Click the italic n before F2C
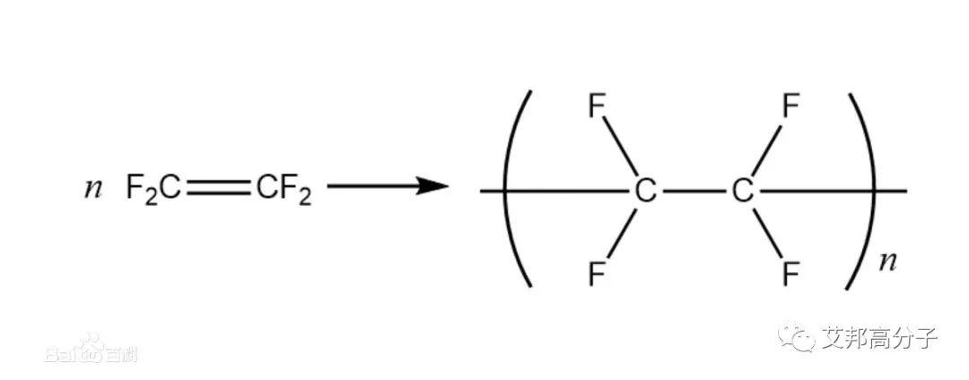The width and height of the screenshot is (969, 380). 92,190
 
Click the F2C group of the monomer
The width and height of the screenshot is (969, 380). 153,189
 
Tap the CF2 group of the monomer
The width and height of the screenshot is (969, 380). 284,189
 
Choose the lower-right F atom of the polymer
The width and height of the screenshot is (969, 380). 790,272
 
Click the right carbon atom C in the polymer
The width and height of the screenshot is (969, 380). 741,190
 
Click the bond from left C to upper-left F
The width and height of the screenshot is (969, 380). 621,148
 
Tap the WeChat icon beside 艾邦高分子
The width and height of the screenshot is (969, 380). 794,339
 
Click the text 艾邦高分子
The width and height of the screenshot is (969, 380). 879,339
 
